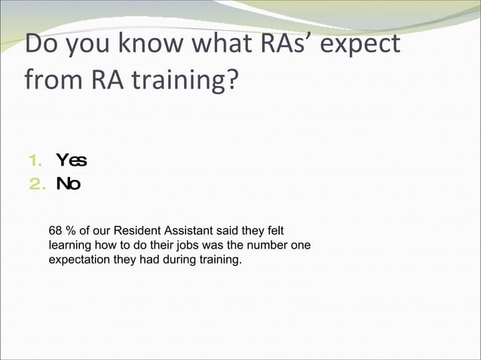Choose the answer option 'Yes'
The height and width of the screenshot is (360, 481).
72,160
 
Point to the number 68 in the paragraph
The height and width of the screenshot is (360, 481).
55,230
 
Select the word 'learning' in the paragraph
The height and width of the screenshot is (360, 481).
69,246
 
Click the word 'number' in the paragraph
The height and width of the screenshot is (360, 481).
270,246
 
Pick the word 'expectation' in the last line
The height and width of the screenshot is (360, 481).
81,261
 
